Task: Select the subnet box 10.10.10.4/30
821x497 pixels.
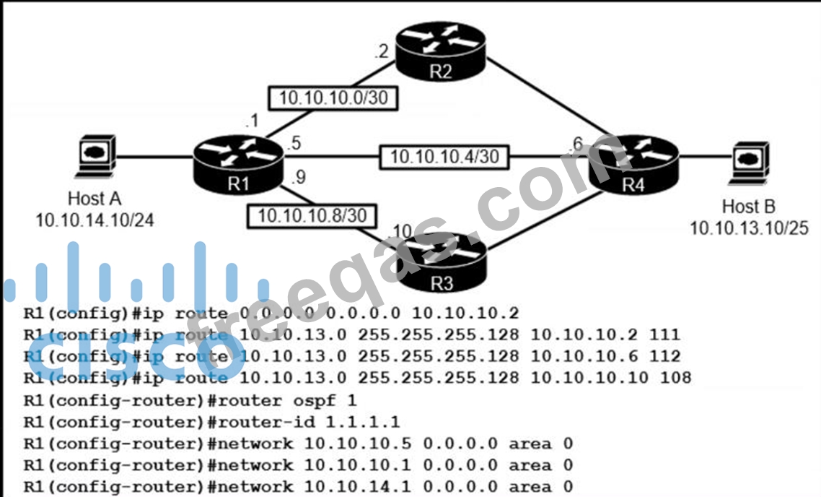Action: point(444,155)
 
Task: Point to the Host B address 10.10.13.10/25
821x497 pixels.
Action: point(749,228)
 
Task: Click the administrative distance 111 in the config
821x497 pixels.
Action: point(669,334)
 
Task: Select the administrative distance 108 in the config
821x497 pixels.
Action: point(679,377)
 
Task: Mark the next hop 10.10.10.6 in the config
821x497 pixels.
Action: point(585,356)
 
